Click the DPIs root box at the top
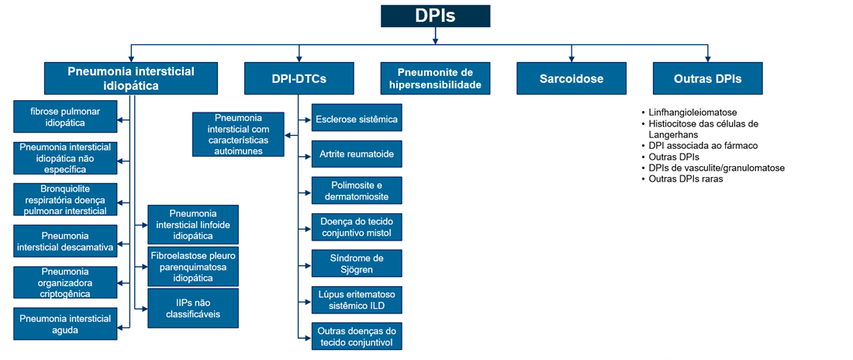tap(435, 16)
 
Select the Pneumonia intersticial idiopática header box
tap(131, 78)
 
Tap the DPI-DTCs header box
tap(299, 78)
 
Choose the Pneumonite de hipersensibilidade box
tap(435, 78)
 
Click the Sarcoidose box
tap(572, 78)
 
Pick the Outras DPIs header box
tap(707, 78)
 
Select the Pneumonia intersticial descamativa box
tap(65, 241)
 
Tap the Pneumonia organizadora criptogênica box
tap(65, 283)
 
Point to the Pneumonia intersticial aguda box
tap(65, 324)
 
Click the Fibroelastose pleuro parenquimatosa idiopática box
tap(193, 266)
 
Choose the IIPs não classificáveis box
tap(193, 308)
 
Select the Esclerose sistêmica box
tap(357, 119)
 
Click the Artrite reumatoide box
tap(357, 154)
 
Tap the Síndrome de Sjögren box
tap(357, 264)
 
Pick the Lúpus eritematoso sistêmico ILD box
tap(357, 299)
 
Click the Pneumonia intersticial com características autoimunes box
tap(240, 134)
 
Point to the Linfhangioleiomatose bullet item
tap(692, 112)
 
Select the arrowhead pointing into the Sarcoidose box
tap(572, 59)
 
